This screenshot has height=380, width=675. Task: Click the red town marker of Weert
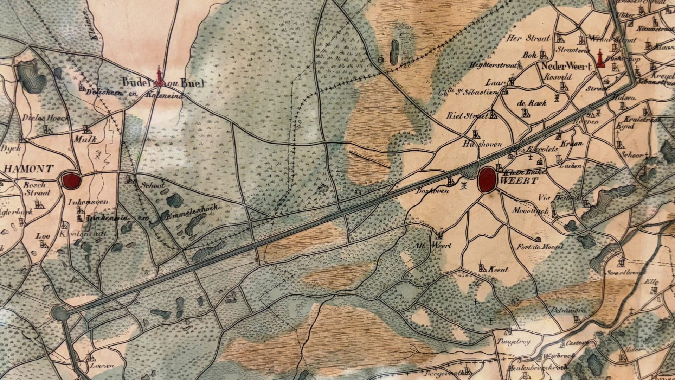[487, 179]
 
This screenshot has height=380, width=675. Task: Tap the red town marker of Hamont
[71, 180]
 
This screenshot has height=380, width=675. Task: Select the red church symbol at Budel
[160, 77]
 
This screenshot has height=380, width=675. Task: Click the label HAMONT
[29, 169]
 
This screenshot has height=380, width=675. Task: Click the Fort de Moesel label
[539, 247]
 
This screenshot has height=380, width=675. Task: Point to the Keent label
[499, 270]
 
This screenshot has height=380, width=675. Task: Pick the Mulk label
[85, 139]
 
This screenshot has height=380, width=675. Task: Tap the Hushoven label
[482, 144]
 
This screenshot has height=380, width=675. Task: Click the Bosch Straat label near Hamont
[36, 189]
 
